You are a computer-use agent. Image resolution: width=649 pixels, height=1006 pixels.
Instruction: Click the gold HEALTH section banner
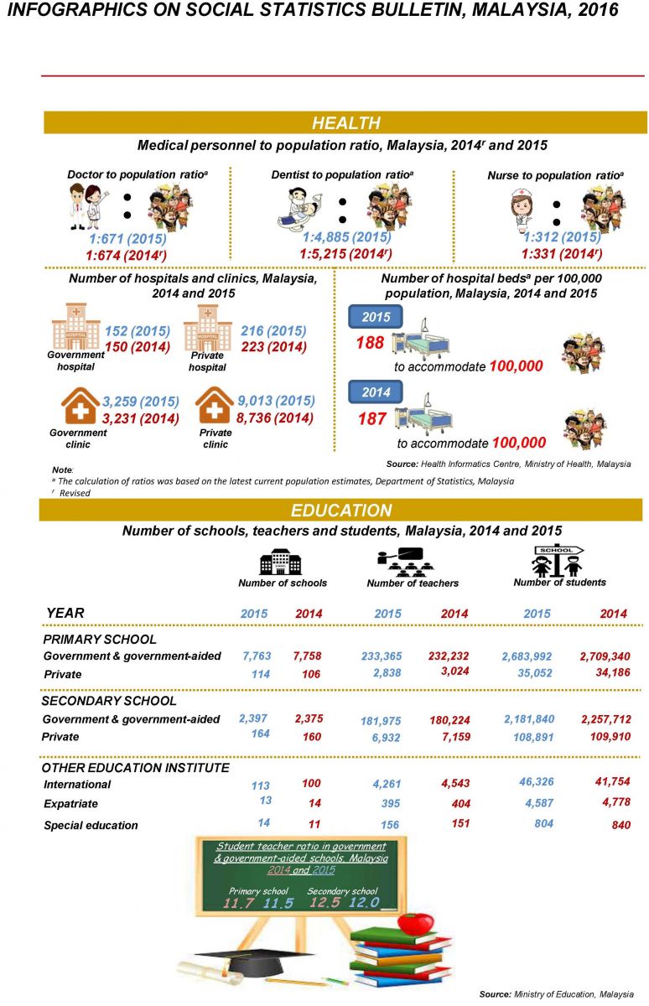point(345,123)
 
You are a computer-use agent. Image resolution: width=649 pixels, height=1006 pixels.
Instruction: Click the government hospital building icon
point(76,327)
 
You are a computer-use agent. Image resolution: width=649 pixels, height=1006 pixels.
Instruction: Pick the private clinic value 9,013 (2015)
point(277,401)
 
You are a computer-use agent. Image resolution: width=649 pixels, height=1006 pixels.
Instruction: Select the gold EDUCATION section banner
point(340,511)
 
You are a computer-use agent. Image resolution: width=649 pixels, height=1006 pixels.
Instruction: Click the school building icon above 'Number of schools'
point(280,561)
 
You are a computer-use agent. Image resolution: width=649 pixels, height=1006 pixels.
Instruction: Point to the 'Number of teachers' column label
point(413,583)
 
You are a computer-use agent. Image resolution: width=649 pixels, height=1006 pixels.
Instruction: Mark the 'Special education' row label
point(91,825)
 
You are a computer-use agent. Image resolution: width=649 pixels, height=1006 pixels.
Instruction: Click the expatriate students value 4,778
point(611,803)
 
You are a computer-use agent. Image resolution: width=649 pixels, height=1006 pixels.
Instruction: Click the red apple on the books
point(413,923)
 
